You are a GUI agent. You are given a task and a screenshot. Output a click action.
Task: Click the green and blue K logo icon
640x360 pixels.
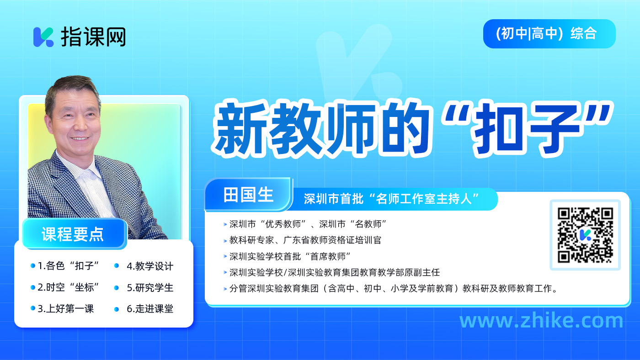[43, 37]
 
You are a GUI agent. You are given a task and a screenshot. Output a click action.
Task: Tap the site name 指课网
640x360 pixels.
[93, 37]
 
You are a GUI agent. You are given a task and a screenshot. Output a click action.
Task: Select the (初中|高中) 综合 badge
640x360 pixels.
[549, 34]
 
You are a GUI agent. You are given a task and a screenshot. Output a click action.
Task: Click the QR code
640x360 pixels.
[585, 235]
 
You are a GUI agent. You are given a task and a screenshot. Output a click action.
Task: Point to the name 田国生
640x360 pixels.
[248, 195]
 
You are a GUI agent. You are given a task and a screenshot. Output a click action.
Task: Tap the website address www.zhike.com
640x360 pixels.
[541, 320]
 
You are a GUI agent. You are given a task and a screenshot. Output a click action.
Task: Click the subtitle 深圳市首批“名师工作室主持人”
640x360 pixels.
[391, 199]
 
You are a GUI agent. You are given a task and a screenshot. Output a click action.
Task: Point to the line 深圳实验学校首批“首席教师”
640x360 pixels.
[290, 256]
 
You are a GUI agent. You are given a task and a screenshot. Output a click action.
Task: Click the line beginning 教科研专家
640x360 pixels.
[305, 240]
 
